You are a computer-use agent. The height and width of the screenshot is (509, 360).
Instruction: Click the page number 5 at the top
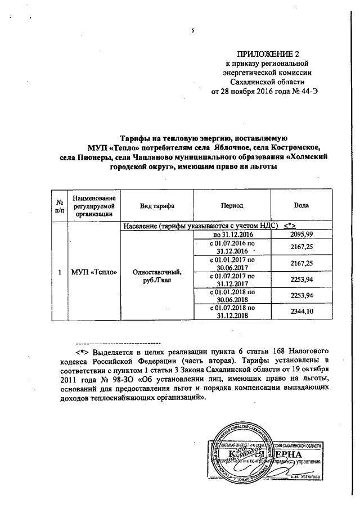[192, 31]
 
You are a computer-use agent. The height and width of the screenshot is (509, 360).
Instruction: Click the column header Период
[232, 206]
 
